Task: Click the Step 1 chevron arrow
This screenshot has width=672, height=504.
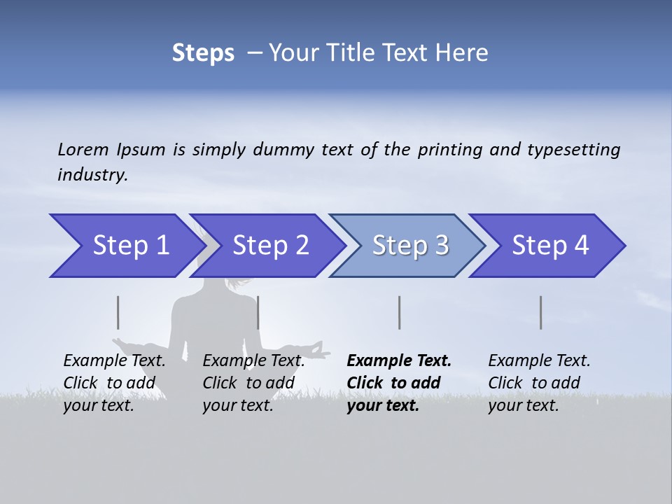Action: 126,246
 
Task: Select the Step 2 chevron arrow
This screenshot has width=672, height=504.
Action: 269,246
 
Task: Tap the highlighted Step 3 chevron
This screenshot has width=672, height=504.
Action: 409,246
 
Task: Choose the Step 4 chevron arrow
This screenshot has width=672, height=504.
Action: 549,246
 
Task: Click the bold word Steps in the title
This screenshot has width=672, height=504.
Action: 203,53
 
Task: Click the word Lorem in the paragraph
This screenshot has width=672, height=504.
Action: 83,150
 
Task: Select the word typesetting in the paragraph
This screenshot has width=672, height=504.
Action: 573,150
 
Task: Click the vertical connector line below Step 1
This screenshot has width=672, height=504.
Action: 118,312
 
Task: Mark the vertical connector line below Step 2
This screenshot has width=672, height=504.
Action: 258,312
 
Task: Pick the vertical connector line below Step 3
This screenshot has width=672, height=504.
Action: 399,312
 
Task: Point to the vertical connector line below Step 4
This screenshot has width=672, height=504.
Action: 540,312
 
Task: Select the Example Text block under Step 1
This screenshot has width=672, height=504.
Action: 115,383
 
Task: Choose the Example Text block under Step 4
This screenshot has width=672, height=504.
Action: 539,383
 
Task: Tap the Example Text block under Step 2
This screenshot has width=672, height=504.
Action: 253,383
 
